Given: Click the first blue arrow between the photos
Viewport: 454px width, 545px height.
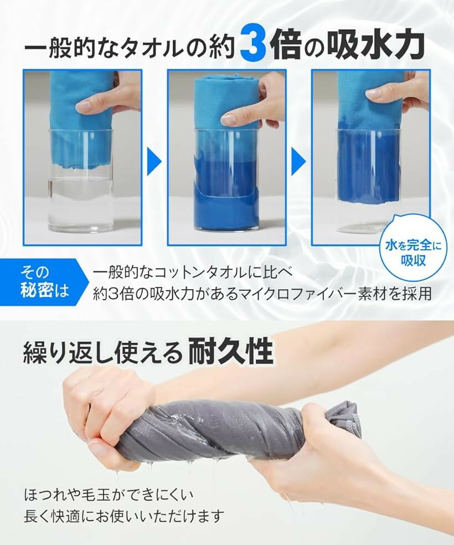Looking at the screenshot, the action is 154,161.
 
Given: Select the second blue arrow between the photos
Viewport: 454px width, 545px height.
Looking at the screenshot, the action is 299,161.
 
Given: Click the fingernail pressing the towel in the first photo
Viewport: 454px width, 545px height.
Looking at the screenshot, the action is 84,107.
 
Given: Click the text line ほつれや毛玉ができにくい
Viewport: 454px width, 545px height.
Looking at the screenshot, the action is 109,495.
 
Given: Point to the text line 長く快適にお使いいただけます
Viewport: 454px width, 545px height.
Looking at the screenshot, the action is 123,516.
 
